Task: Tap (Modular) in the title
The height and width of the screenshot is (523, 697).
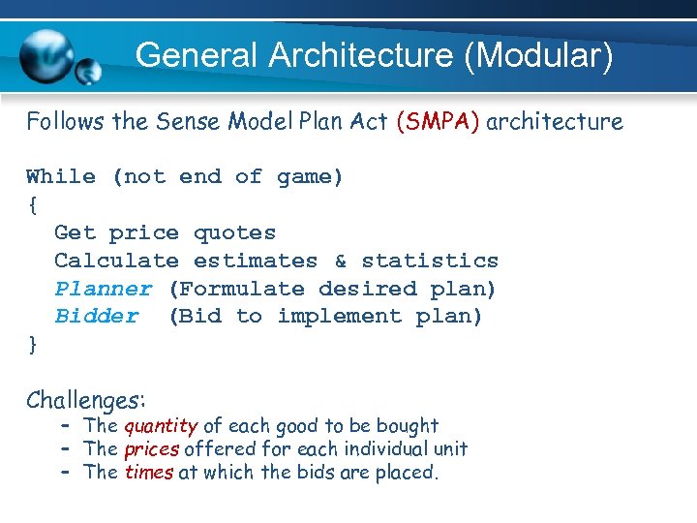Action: pos(538,55)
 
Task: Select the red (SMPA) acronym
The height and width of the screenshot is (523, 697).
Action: pos(438,122)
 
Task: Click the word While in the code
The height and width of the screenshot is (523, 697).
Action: pos(61,177)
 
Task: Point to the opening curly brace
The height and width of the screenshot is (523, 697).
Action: pos(33,204)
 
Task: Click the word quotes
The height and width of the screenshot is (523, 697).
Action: pos(234,233)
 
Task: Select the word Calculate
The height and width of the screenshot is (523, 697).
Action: pos(116,261)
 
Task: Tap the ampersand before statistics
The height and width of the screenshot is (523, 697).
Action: pos(340,261)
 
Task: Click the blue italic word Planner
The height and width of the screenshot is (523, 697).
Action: pos(103,290)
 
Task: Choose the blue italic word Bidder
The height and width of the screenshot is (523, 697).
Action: pos(96,317)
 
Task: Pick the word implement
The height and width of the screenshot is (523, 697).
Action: pos(339,317)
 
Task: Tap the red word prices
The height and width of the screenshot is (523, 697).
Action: pos(151,449)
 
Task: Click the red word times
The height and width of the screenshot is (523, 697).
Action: pos(149,473)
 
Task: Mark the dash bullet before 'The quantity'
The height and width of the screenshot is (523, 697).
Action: pos(66,426)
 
